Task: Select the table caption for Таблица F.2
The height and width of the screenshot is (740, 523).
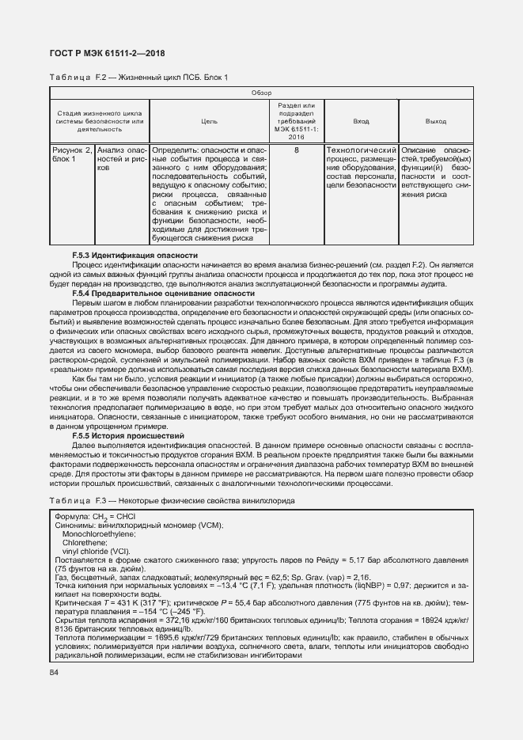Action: pos(138,77)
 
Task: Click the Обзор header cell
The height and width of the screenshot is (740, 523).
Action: pos(261,93)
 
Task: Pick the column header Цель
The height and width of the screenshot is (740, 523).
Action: pos(210,121)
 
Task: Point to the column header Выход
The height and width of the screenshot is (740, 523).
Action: pos(436,121)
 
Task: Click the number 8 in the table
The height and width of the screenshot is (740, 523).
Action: pos(296,150)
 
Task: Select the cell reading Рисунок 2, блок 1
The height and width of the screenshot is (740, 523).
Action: pos(72,154)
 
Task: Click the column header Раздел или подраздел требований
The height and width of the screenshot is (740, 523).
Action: pos(296,121)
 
